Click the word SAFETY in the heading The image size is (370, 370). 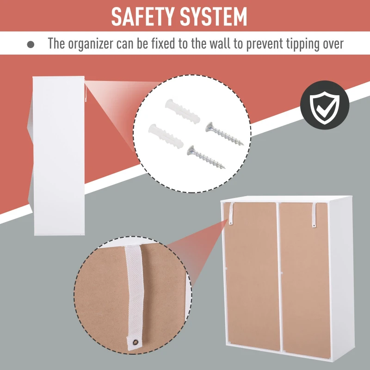coord(142,17)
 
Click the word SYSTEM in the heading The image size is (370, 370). coord(213,17)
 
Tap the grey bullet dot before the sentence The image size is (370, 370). coord(31,44)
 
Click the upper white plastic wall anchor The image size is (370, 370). coord(182,111)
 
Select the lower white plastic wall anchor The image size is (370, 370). coord(166,136)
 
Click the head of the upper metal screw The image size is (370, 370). coord(210,128)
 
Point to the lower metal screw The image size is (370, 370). coord(205,157)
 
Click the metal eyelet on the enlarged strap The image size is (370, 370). coord(136,342)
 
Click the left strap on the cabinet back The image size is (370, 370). coord(231,214)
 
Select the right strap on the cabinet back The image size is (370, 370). coord(314,215)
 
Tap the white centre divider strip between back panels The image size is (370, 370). coord(280,278)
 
